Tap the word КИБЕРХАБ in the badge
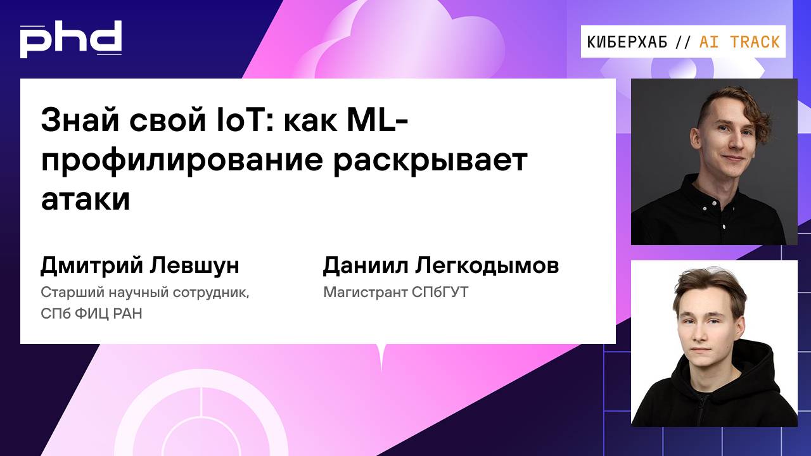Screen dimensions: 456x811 click(627, 42)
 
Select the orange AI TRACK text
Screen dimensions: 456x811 click(739, 42)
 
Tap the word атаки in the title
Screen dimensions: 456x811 click(85, 199)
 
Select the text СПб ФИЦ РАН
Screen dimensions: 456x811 click(91, 313)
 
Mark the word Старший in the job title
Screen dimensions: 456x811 click(67, 293)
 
